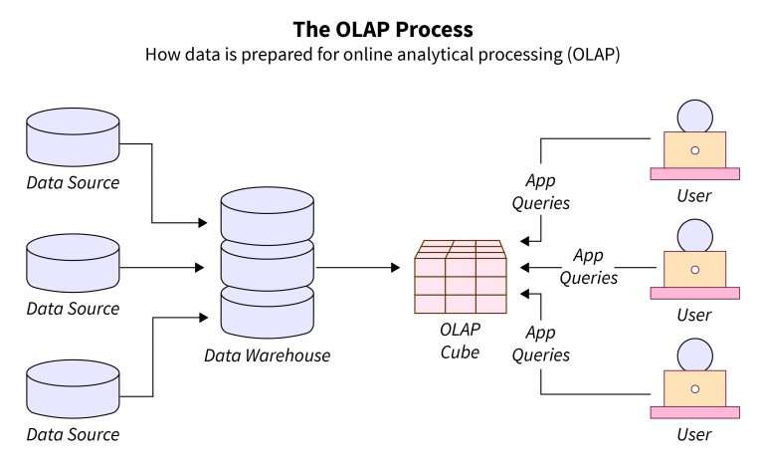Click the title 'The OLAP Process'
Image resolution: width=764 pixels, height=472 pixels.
pyautogui.click(x=382, y=29)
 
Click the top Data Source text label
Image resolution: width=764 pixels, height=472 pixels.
pyautogui.click(x=73, y=183)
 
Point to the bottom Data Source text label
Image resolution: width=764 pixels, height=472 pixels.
pyautogui.click(x=73, y=434)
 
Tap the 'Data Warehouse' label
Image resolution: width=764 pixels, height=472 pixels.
pyautogui.click(x=267, y=354)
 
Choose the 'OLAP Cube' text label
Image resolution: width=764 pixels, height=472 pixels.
pyautogui.click(x=461, y=342)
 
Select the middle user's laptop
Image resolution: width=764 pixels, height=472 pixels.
pyautogui.click(x=694, y=269)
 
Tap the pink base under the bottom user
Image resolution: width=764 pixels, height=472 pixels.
pyautogui.click(x=694, y=412)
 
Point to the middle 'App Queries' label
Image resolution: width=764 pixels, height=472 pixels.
pyautogui.click(x=589, y=266)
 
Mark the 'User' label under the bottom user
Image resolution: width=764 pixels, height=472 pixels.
pyautogui.click(x=694, y=435)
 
